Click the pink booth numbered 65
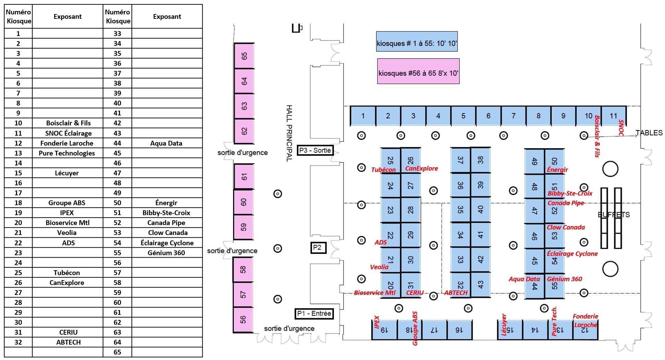point(244,56)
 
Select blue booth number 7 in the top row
point(513,116)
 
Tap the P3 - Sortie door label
point(315,150)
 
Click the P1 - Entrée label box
point(314,313)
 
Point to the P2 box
point(318,248)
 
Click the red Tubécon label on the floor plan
point(383,170)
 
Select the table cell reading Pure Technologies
point(67,153)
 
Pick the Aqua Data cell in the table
point(167,143)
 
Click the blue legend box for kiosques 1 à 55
point(417,41)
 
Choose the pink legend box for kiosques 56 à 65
point(418,71)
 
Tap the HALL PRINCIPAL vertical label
point(289,133)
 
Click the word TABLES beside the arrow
point(649,133)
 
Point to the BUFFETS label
point(614,215)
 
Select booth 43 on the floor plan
point(481,285)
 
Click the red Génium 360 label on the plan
point(564,279)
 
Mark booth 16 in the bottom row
point(459,330)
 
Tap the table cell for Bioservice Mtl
point(67,223)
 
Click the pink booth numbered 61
point(244,177)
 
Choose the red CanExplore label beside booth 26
point(422,169)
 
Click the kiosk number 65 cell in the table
point(117,352)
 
